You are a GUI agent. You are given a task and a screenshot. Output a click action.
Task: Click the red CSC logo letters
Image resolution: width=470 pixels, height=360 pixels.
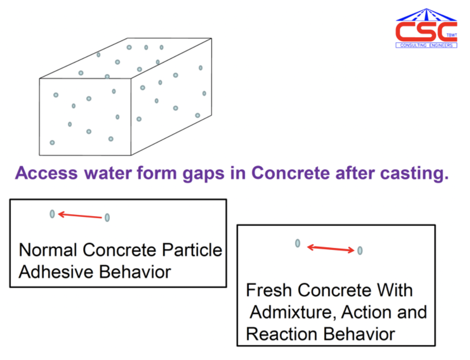coord(426,32)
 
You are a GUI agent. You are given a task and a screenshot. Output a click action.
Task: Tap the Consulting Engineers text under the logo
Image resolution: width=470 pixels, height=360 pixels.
coord(426,45)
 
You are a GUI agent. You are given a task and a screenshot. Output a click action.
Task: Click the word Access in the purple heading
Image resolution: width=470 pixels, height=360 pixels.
coord(46,173)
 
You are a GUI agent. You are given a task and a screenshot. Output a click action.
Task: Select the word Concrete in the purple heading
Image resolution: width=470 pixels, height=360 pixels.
coord(290,173)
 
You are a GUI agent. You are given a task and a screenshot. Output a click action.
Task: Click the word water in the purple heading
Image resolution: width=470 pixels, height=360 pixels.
coord(108,173)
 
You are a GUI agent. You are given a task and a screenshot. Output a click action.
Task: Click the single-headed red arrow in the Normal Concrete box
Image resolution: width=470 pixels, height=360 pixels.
coord(80,215)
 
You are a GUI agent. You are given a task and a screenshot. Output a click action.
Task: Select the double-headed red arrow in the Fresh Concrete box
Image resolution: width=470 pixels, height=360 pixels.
coord(331,249)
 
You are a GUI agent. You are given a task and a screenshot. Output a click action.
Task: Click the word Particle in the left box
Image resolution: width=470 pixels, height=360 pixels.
coord(192,250)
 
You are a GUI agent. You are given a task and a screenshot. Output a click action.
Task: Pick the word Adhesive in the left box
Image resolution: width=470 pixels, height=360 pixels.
coord(56,272)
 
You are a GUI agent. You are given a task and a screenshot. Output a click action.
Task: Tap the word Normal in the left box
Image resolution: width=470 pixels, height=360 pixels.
coord(48,250)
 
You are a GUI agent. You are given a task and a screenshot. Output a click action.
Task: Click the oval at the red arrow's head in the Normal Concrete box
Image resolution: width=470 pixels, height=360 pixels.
coord(52,214)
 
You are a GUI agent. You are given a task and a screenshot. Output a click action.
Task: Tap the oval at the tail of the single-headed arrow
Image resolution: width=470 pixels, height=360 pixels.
coord(107,218)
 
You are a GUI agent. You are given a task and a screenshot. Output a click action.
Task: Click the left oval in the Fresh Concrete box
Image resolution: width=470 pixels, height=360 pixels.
coord(298,243)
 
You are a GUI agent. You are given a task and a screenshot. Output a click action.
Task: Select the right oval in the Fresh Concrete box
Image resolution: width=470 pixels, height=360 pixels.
coord(360,250)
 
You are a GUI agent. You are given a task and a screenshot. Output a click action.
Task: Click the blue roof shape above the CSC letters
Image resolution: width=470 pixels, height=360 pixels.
coord(426,15)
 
